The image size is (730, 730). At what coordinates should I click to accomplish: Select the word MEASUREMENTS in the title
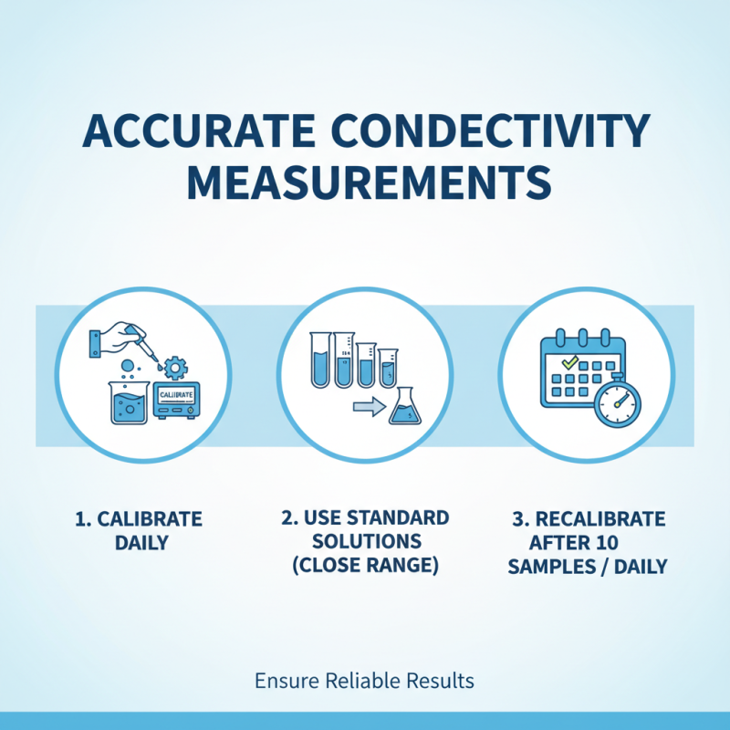coord(365,182)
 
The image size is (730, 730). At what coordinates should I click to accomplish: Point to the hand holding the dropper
coord(117,339)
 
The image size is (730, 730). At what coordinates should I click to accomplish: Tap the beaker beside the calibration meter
coord(127,401)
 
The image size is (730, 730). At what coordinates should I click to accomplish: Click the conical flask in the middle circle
coord(402,408)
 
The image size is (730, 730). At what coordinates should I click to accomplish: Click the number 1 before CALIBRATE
coord(79,519)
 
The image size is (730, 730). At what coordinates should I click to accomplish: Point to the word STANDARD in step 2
coord(404,518)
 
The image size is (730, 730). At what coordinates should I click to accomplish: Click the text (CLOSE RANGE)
coord(365,566)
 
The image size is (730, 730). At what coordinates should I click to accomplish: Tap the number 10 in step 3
coord(608,543)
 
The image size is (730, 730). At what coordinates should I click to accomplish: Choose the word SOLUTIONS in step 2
coord(365,542)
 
